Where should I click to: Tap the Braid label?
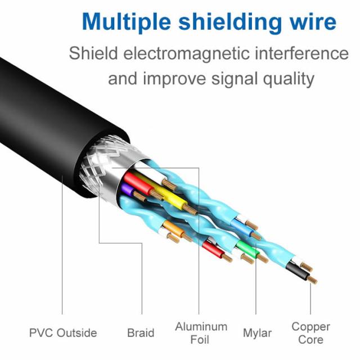coord(141,333)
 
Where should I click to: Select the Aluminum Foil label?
coord(201,333)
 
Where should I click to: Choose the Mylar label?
coord(258,333)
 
